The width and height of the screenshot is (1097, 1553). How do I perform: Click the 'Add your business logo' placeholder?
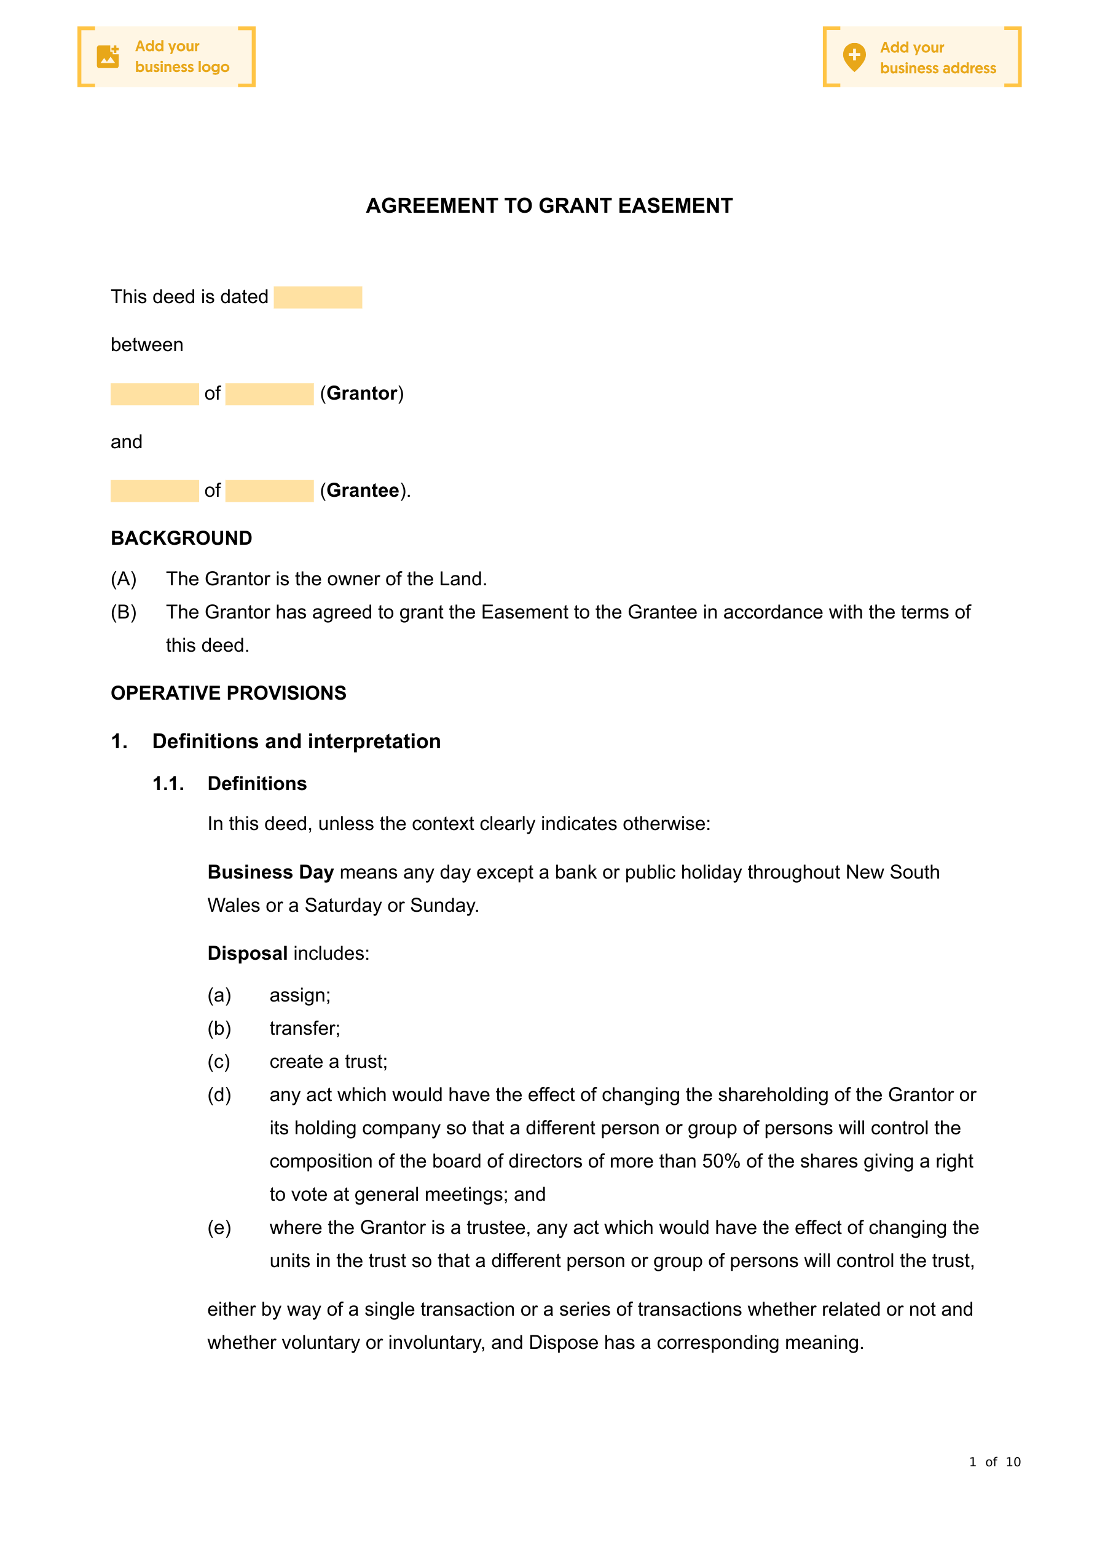(167, 57)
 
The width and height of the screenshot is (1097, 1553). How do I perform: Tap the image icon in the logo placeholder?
(108, 57)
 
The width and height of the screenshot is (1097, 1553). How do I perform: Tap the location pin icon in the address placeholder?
(854, 57)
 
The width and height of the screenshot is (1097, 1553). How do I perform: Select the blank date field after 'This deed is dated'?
(318, 298)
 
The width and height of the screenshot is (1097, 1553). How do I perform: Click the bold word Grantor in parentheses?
(362, 393)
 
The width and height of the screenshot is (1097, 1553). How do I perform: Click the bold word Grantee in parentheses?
(363, 491)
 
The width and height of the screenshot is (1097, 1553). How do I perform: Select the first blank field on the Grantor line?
(154, 394)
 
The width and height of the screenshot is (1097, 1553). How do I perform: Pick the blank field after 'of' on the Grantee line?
(269, 491)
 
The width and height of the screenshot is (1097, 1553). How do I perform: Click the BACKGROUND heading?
(181, 539)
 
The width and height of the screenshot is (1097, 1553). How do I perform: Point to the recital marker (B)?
(124, 612)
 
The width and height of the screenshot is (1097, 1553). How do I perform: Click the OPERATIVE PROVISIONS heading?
(229, 694)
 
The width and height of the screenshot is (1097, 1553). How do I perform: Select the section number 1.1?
(168, 784)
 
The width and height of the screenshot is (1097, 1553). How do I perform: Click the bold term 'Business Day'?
(270, 872)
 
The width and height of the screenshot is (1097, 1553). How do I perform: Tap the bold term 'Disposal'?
(248, 954)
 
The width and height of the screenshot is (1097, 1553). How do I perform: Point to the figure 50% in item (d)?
(721, 1161)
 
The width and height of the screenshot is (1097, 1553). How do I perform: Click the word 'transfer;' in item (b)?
(304, 1029)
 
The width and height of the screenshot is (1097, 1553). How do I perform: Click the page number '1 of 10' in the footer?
(994, 1463)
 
